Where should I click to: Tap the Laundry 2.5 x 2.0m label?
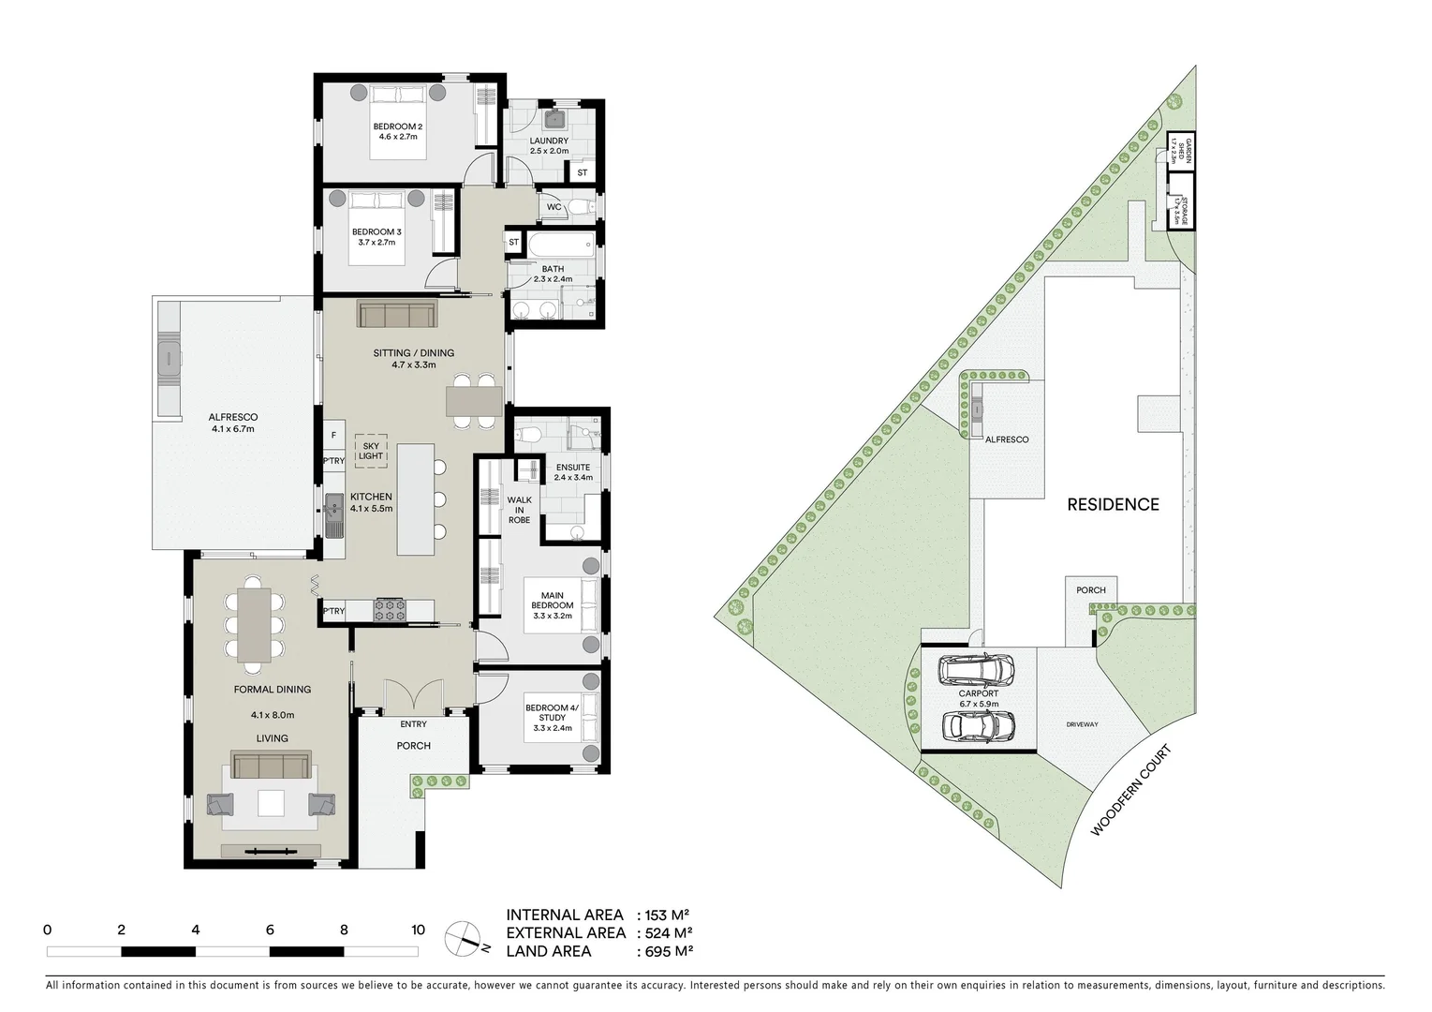549,145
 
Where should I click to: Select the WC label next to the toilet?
554,207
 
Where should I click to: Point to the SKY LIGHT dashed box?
371,451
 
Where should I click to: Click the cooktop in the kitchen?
391,610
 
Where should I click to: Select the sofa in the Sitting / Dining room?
395,314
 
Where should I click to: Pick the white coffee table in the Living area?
272,803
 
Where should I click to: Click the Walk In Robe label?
519,510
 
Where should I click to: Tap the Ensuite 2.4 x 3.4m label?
573,472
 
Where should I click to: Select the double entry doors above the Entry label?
413,693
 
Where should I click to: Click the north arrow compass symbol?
465,936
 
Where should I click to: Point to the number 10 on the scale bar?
418,930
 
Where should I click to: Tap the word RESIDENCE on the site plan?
1113,504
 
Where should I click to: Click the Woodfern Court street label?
1131,791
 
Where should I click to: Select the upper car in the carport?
977,669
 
